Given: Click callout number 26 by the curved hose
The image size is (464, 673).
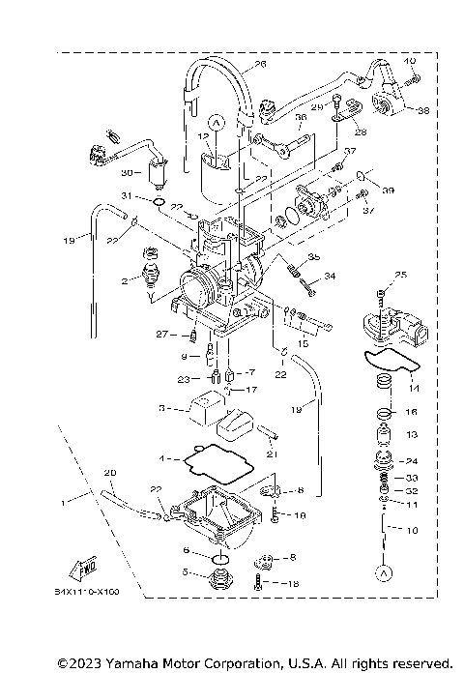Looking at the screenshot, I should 260,65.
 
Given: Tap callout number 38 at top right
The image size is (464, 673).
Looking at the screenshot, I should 421,110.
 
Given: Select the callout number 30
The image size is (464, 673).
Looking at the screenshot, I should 125,172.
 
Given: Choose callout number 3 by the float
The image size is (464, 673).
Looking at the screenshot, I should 163,409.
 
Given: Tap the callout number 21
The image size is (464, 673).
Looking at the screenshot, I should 273,454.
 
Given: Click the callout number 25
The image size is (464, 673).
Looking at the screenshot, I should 402,276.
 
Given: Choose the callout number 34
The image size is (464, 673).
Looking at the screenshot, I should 330,277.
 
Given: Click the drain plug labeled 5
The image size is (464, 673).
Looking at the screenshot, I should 220,582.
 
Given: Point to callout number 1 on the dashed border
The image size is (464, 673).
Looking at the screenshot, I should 64,503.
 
